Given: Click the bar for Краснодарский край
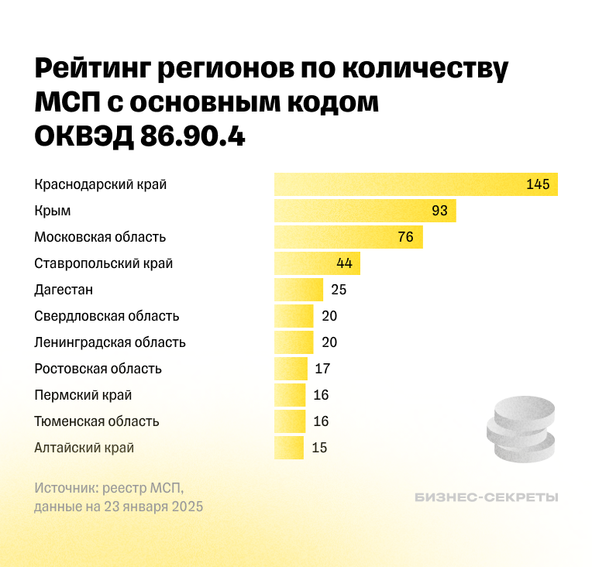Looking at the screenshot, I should click(415, 184).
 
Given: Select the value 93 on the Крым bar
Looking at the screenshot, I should click(439, 211).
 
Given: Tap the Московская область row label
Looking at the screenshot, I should click(100, 237).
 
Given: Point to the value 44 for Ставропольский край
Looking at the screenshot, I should click(344, 263).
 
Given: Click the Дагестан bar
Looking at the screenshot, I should click(298, 290).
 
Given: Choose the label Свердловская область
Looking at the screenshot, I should click(107, 316).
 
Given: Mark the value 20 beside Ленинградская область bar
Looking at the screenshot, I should click(329, 342).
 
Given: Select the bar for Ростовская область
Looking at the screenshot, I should click(291, 369).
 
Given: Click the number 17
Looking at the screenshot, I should click(322, 369).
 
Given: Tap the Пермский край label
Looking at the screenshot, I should click(83, 395).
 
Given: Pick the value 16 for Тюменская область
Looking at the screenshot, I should click(321, 421).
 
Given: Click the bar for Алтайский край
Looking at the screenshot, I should click(288, 448).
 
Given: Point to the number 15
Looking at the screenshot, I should click(319, 448).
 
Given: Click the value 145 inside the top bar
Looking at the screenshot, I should click(537, 184).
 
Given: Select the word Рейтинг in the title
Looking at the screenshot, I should click(94, 69).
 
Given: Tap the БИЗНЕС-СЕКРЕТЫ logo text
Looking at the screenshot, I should click(486, 497).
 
